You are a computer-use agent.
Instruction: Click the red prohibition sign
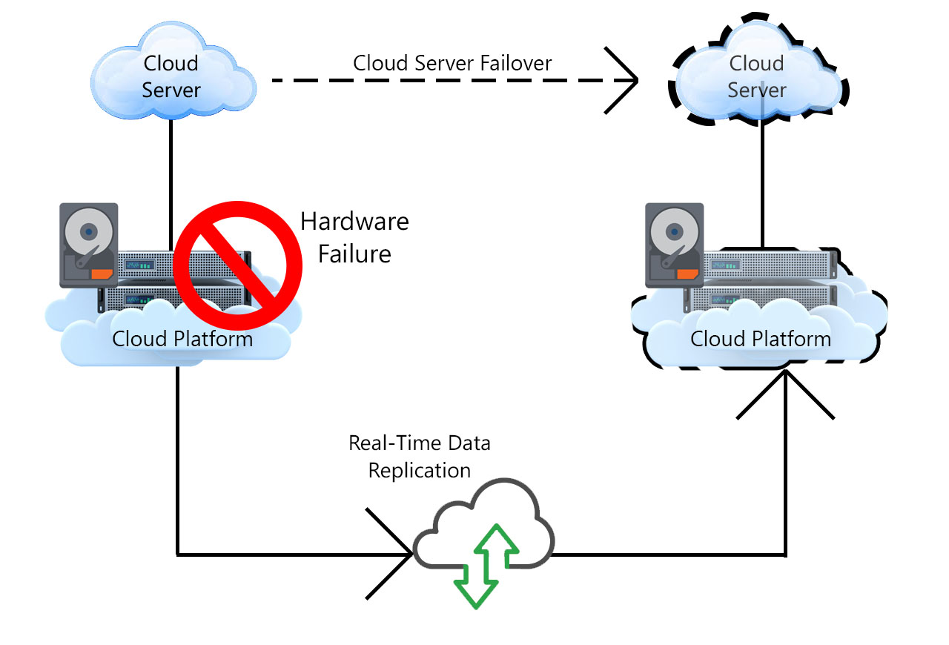[231, 264]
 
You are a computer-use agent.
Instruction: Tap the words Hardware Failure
[354, 237]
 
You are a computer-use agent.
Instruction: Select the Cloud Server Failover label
[452, 63]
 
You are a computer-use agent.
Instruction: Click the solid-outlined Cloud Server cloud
[172, 76]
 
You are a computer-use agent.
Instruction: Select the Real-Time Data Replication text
[420, 457]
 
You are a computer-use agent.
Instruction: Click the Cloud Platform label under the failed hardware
[182, 339]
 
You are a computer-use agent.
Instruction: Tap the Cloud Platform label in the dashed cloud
[761, 339]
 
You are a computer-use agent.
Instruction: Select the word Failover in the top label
[515, 63]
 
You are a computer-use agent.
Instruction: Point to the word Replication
[420, 470]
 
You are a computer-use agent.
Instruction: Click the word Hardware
[354, 221]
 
